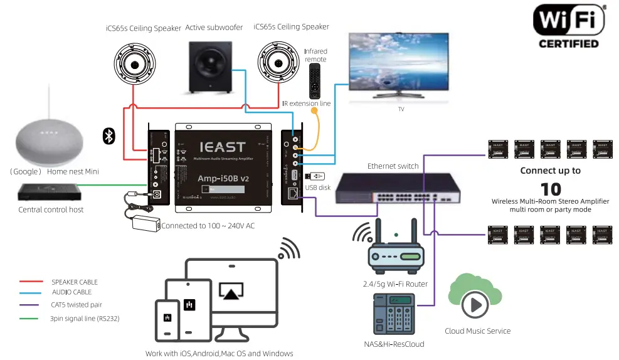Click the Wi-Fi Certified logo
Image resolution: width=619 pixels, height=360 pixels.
pyautogui.click(x=569, y=26)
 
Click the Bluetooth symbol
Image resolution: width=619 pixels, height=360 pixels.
pyautogui.click(x=108, y=135)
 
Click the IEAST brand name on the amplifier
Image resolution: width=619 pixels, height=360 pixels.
pyautogui.click(x=223, y=147)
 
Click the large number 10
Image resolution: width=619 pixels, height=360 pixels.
pyautogui.click(x=551, y=188)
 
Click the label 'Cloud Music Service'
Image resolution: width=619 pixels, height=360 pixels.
pyautogui.click(x=477, y=331)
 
